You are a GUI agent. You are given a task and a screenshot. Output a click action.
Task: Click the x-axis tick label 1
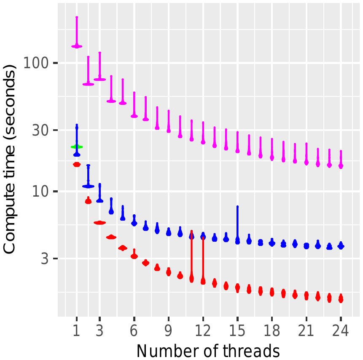point(77,331)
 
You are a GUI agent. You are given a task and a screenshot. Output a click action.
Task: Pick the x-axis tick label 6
point(134,331)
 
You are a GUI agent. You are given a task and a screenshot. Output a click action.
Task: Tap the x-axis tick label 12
point(203,331)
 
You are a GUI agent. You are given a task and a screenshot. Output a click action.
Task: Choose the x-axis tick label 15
point(237,331)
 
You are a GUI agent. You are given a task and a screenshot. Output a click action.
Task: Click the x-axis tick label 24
point(341,331)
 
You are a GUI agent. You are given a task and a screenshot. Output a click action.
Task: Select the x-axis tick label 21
point(307,331)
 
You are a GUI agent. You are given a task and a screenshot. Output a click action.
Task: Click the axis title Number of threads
point(208,350)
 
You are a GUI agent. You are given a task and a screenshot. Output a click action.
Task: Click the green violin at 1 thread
point(77,147)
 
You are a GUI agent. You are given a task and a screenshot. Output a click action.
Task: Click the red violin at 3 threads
point(99,223)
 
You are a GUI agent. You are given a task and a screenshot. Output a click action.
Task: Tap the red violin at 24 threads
point(341,299)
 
